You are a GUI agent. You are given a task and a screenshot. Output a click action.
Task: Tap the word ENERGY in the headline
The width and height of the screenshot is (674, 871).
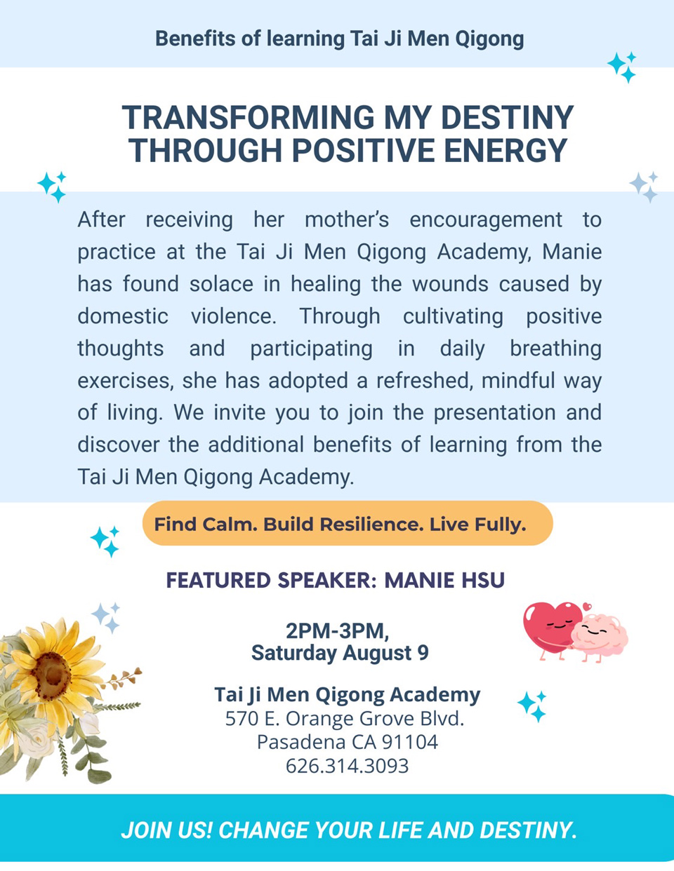click(x=505, y=150)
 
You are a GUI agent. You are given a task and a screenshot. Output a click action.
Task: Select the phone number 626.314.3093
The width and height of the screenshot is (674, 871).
click(x=347, y=766)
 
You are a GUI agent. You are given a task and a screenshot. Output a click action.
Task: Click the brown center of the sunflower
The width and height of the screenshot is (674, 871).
click(x=52, y=676)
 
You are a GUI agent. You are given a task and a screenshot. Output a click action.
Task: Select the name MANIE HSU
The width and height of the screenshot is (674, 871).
click(x=444, y=580)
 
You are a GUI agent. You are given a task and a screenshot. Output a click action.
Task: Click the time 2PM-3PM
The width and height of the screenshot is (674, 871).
click(x=338, y=631)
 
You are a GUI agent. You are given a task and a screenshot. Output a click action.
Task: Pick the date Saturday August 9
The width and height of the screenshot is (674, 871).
click(x=340, y=653)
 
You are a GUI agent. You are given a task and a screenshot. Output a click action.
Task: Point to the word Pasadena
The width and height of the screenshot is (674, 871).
click(x=302, y=742)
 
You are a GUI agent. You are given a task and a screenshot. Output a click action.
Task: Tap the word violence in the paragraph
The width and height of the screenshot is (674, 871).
click(x=234, y=316)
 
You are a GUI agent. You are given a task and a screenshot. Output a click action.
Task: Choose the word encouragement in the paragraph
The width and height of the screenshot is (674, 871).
click(x=485, y=220)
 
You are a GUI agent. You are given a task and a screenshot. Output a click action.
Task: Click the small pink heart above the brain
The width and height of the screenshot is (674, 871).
click(x=587, y=607)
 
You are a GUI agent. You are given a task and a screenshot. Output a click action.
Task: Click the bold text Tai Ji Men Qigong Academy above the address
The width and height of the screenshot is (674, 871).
click(x=348, y=695)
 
